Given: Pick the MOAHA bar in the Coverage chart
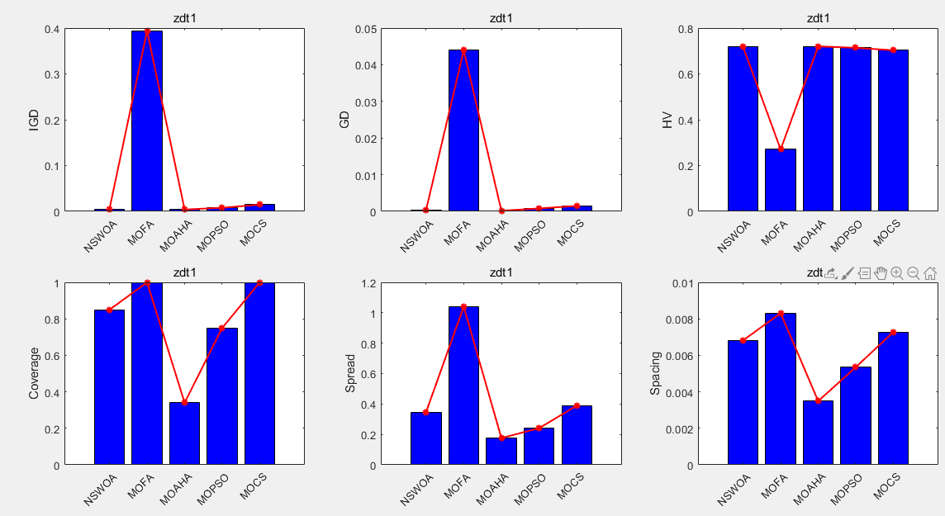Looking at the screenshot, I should point(184,433).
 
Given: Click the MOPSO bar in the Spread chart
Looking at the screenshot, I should point(539,446).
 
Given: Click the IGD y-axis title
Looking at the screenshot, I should point(34,121).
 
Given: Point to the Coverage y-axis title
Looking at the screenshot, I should point(34,374).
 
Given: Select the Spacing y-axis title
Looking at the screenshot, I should point(655,374).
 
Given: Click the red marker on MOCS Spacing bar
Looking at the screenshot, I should point(893,332).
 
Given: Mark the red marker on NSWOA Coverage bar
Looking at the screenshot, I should point(109,310).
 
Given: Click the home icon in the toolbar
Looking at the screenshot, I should point(929,272).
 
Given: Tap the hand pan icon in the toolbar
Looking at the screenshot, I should point(881,272).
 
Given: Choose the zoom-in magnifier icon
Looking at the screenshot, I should point(896,272).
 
